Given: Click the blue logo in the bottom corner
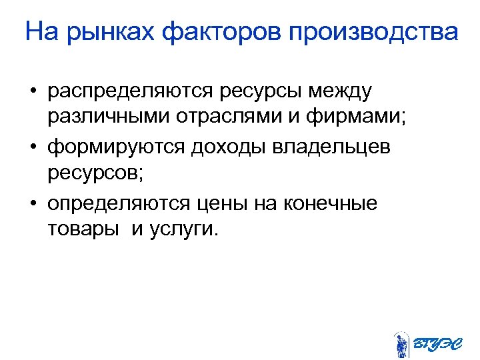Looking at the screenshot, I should point(427,343).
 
